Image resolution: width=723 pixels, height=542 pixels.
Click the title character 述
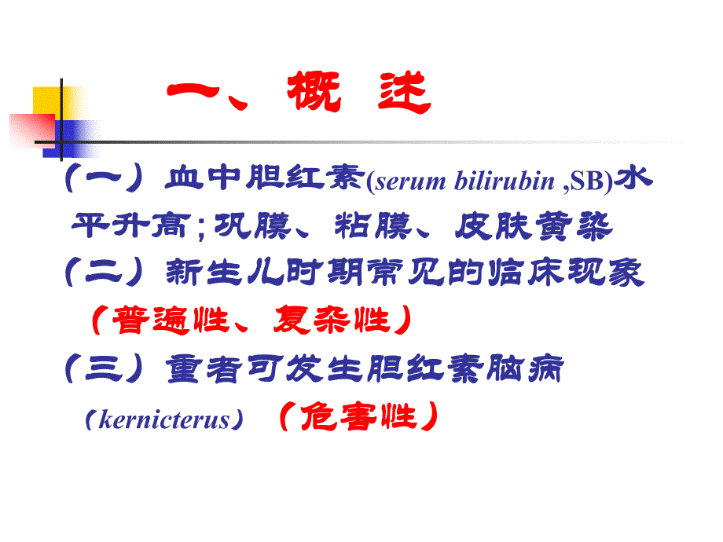402,97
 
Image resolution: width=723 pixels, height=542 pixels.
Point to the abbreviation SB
589,182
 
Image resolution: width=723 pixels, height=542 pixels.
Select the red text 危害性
357,417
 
